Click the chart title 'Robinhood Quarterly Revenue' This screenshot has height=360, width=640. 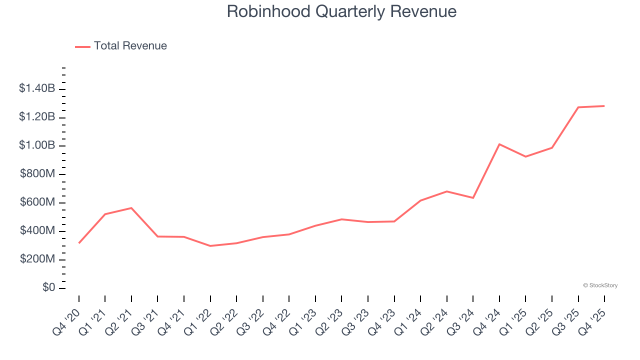click(x=341, y=11)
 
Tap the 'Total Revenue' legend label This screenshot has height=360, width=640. click(x=130, y=46)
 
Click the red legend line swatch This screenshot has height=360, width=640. click(x=82, y=46)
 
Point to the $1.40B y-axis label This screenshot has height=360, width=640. click(x=37, y=88)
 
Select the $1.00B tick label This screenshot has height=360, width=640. click(x=37, y=145)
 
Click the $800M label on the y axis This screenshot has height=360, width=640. click(x=37, y=174)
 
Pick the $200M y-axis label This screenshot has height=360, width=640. click(x=37, y=259)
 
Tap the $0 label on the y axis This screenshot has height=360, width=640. click(x=48, y=288)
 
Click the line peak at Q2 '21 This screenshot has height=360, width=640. click(x=131, y=208)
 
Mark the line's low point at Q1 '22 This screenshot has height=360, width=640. click(x=210, y=246)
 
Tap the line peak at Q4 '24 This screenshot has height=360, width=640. click(x=499, y=144)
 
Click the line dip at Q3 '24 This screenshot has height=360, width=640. click(x=473, y=198)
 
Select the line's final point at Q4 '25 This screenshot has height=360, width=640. click(x=604, y=106)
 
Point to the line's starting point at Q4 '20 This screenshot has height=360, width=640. click(x=79, y=243)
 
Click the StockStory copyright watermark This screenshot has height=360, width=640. click(x=600, y=285)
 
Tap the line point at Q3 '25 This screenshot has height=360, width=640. click(x=578, y=107)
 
